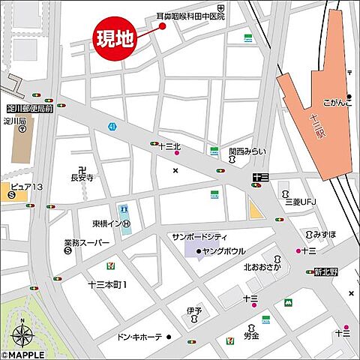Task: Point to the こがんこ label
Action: point(337,102)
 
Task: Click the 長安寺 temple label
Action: point(82,178)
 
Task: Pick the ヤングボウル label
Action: point(223,250)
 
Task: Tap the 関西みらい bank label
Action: point(247,151)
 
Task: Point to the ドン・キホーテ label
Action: point(139,337)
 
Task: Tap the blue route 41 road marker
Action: point(112,127)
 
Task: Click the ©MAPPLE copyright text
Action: point(22,355)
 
